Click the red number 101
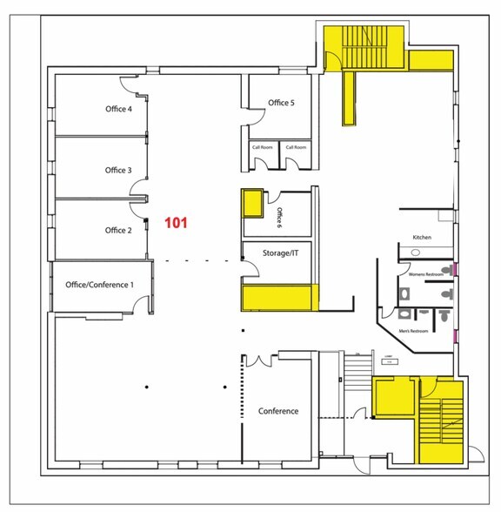coord(177,223)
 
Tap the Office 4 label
coord(117,110)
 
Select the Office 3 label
coord(117,170)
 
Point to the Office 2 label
coord(117,231)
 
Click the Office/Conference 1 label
coord(100,285)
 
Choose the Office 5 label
coord(281,103)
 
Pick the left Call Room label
coord(262,147)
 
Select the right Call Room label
coord(296,147)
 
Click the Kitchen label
coord(422,237)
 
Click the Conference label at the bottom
coord(278,411)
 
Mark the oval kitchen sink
coord(416,253)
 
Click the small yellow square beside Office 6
coord(252,203)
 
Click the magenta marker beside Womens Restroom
coord(454,271)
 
